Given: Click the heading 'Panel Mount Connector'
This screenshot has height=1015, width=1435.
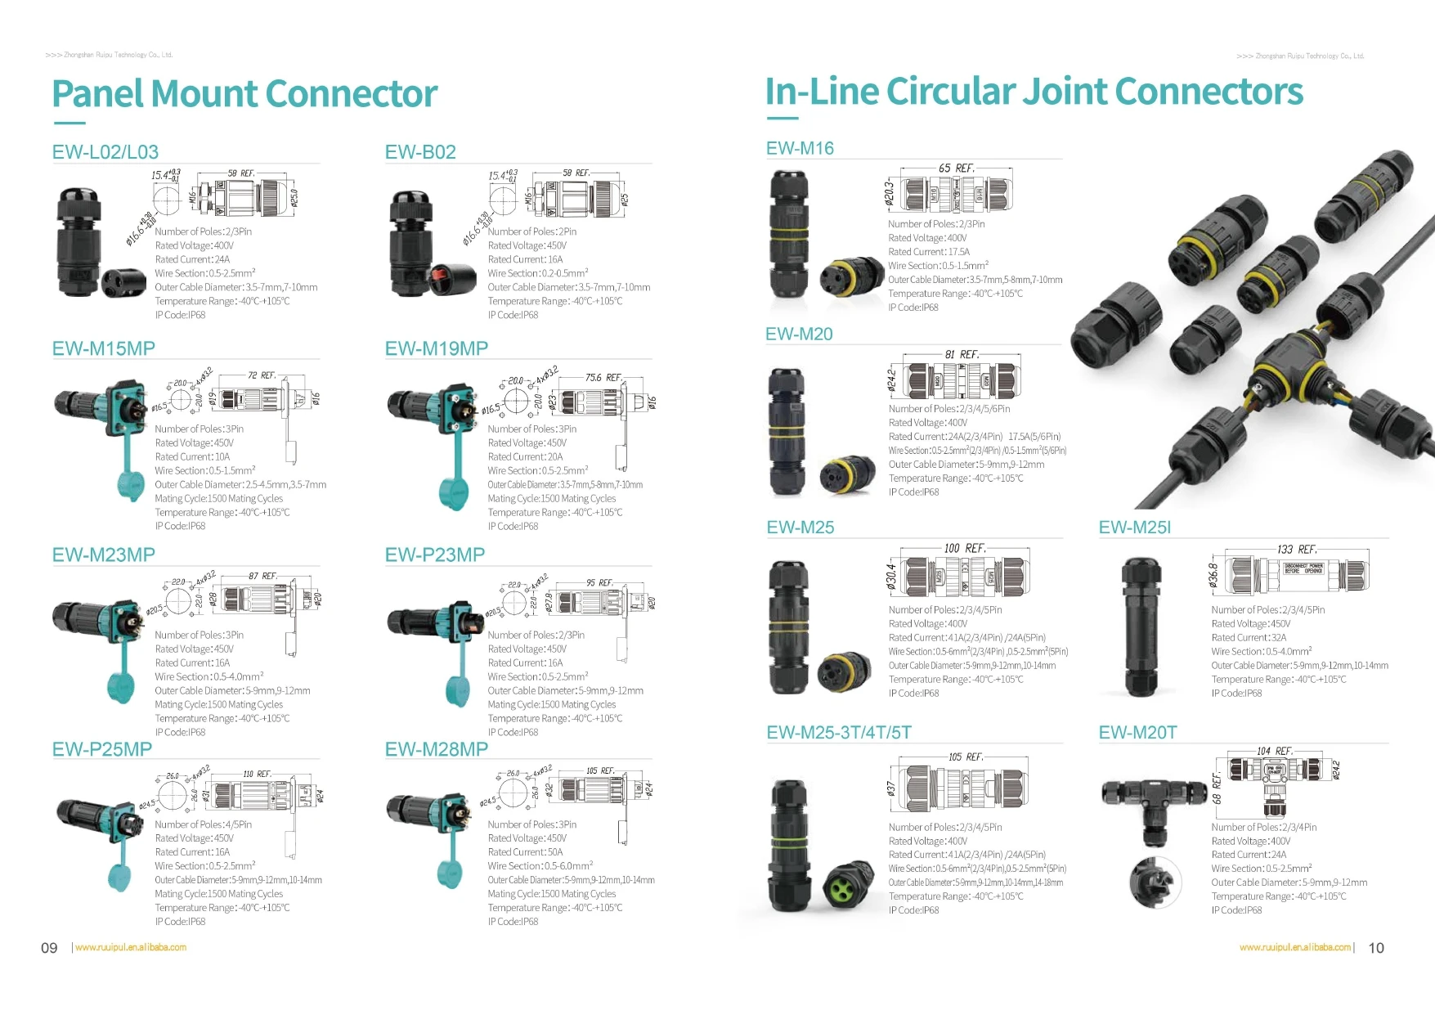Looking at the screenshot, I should [244, 94].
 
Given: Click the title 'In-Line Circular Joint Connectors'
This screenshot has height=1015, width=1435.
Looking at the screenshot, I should [1034, 92].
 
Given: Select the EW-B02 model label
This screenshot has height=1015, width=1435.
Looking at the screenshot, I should [420, 152].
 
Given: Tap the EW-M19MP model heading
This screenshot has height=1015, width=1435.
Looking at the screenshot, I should [436, 349].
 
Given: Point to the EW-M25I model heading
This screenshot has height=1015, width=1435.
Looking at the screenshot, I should [1134, 528].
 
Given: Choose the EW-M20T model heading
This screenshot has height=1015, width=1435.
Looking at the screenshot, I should [1137, 733].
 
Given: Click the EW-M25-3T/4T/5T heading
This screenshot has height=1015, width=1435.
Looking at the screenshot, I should [838, 733].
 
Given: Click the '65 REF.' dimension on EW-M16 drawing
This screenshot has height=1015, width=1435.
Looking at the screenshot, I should [956, 168].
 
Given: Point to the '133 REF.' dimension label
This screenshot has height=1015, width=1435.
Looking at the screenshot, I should [1296, 550].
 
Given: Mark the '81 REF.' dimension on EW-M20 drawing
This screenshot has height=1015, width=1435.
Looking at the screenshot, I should [962, 355].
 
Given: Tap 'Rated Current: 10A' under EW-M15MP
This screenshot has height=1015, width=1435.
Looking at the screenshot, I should [192, 457].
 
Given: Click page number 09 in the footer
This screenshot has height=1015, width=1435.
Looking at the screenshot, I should [49, 948].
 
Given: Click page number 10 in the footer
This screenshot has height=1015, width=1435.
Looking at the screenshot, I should [1376, 948].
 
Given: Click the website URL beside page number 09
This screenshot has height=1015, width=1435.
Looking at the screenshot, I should [131, 948].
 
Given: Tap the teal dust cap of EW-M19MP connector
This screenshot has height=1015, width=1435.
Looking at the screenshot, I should [453, 492].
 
